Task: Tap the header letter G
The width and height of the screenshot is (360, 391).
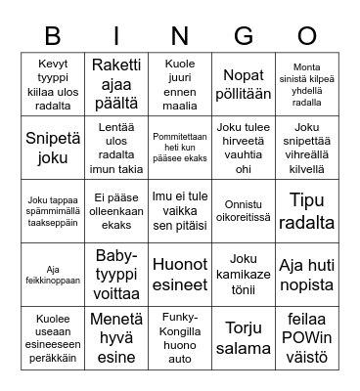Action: [x=244, y=37]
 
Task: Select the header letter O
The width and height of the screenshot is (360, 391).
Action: [x=307, y=37]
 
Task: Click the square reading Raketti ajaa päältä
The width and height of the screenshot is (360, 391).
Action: [x=116, y=82]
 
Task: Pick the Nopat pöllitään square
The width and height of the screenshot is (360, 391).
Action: [x=244, y=82]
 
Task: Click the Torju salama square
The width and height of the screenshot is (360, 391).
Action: [x=244, y=337]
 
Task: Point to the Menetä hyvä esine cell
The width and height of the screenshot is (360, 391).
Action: [x=116, y=337]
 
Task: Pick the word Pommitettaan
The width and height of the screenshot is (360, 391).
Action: [x=180, y=136]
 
